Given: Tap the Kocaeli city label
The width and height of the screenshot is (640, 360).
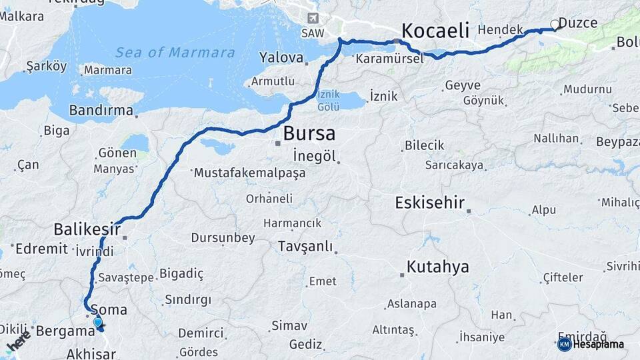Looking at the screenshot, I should coord(435,31).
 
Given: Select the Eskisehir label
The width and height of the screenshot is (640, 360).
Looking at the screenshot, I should coord(429,203).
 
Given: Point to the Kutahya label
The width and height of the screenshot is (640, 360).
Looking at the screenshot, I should coord(437,267).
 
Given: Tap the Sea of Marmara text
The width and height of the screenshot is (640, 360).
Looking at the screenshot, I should coord(175,53).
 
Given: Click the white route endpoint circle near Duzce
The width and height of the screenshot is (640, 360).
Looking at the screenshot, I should coord(555,25).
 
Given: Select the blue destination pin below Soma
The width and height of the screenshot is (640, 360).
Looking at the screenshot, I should coord(98,323).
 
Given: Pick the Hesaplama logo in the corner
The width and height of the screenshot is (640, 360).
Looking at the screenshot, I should coord(592,344).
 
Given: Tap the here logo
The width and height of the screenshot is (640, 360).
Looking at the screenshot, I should coord(19,342).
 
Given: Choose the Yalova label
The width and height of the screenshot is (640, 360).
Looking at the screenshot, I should coord(281,57).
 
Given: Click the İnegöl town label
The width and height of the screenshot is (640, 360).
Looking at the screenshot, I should coord(312,155).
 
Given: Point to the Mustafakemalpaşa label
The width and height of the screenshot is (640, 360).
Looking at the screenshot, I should coord(249,173).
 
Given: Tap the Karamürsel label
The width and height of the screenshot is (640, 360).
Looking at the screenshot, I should coord(389,59).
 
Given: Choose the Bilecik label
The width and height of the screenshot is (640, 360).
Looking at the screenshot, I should coord(425,145).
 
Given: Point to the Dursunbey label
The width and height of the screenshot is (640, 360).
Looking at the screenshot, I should coord(223,237).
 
